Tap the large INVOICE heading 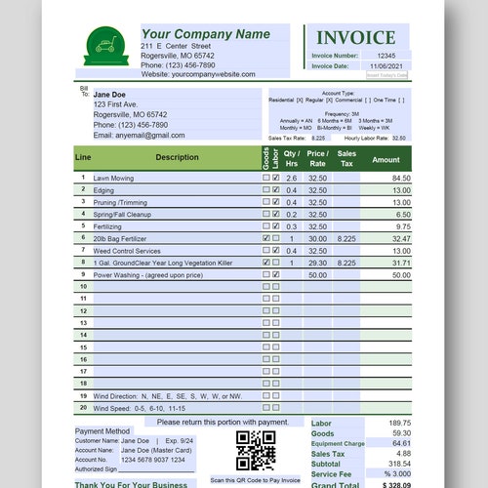pos(355,38)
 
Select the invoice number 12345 pos(386,56)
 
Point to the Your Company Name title pos(205,34)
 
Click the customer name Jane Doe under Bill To pos(113,94)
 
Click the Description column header pos(176,157)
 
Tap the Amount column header pos(386,159)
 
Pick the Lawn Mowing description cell pos(114,179)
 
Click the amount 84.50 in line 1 pos(401,179)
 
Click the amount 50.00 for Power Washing pos(401,275)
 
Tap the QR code pos(255,450)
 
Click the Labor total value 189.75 pos(399,424)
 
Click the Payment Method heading pos(102,430)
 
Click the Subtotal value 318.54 pos(399,464)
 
